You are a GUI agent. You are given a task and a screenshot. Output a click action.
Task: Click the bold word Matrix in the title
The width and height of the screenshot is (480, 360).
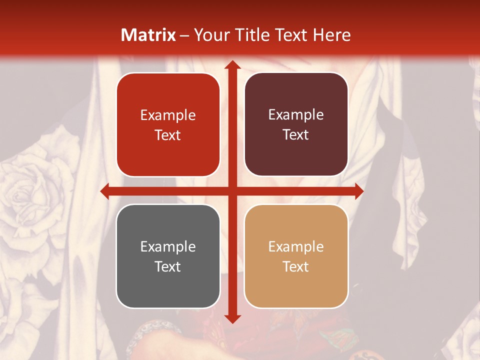pos(148,35)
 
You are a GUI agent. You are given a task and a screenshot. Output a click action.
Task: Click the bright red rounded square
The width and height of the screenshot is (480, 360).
pos(168,125)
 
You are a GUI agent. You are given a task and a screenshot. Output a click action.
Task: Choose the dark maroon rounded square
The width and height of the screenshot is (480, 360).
pos(296,125)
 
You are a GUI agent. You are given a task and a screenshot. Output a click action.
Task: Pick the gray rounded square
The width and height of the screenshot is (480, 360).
pos(168,256)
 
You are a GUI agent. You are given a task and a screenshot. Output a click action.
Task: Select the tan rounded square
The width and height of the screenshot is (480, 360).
pos(296,256)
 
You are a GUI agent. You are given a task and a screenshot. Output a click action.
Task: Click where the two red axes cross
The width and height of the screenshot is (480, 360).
pos(232,191)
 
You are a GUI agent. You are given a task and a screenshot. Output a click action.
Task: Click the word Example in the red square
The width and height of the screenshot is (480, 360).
pos(168,115)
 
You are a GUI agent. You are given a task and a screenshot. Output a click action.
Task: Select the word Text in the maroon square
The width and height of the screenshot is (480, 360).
pos(296,135)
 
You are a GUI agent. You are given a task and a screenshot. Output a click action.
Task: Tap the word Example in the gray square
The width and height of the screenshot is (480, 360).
pos(168,246)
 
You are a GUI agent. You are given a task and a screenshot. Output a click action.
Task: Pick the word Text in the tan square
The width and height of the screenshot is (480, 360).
pos(296,266)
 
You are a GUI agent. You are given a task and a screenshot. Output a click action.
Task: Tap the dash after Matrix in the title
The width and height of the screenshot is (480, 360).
pos(184,35)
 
